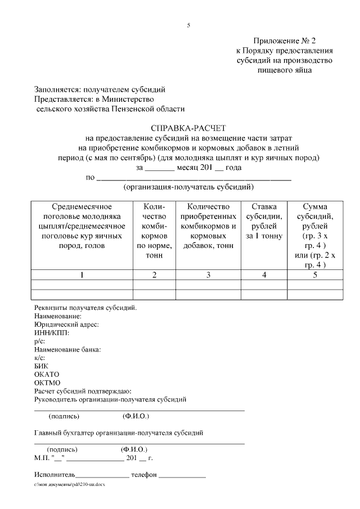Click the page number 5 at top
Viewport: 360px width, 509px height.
click(189, 25)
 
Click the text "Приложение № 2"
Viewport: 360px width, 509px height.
click(285, 41)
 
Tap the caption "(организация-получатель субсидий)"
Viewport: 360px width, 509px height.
click(188, 187)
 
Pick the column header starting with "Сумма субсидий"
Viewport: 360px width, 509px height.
click(314, 236)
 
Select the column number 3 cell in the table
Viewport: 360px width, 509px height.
click(208, 274)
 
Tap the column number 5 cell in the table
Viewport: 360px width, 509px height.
click(314, 274)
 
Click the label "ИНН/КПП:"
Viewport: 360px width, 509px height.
click(52, 333)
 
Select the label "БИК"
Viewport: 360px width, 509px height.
click(42, 366)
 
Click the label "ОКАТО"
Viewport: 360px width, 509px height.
click(47, 374)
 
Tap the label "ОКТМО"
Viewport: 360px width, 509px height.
click(47, 382)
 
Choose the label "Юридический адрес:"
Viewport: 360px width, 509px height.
click(66, 325)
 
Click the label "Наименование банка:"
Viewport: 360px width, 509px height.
click(67, 349)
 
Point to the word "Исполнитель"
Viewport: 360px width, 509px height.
click(55, 475)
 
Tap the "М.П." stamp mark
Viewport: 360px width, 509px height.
click(42, 458)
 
